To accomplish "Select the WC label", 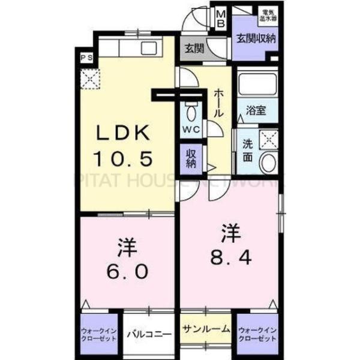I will [x=191, y=130].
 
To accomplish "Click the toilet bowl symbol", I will [x=191, y=112].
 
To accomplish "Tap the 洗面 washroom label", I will [x=248, y=150].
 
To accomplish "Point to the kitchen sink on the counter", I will [x=146, y=47].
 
